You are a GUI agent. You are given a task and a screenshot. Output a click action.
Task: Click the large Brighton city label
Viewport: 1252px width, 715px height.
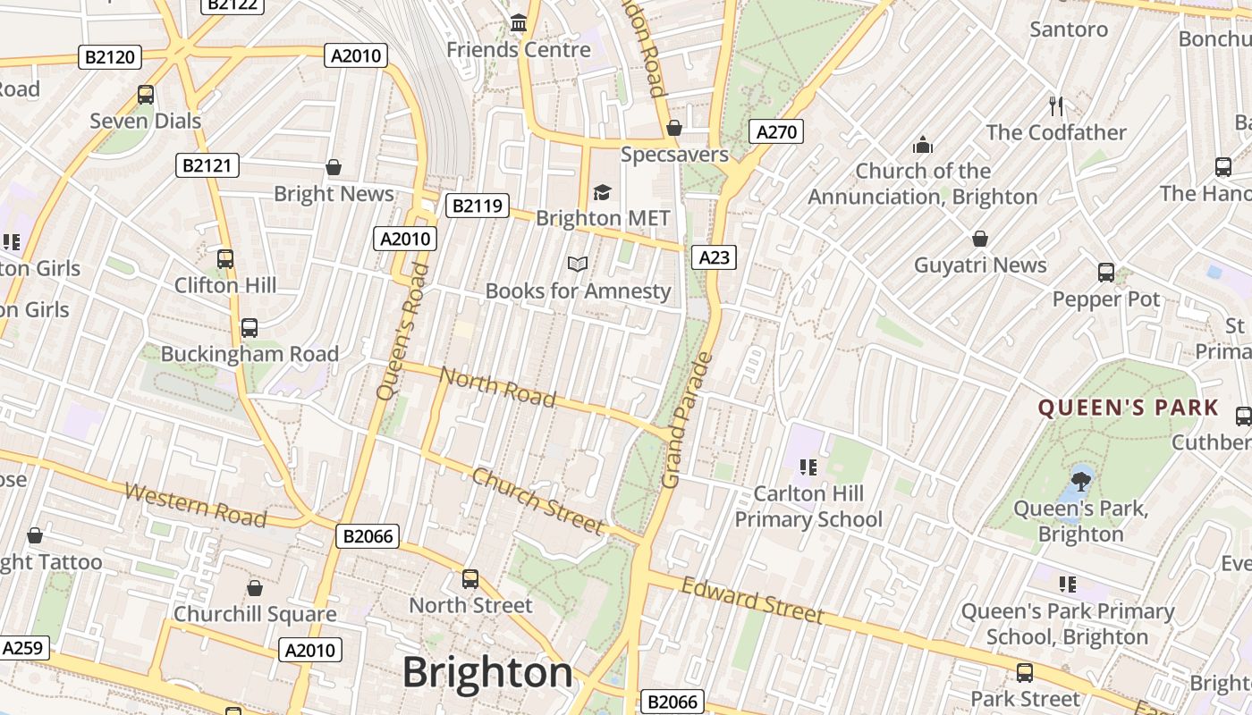point(487,672)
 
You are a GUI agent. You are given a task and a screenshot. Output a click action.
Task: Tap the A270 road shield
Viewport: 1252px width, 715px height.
point(775,132)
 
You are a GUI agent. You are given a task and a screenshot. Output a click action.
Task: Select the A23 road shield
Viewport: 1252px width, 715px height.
point(714,257)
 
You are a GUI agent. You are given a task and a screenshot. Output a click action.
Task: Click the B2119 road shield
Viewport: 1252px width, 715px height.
point(477,206)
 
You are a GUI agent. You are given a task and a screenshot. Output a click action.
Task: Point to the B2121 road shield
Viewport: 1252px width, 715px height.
point(207,164)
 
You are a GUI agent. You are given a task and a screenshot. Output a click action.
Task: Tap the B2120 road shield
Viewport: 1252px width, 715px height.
point(110,57)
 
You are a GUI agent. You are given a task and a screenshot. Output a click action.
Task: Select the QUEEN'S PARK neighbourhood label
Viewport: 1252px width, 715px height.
point(1128,408)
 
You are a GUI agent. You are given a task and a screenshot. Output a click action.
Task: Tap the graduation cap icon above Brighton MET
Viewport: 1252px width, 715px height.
point(602,192)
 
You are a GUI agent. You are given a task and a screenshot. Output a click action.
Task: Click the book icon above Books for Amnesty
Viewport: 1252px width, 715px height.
point(578,264)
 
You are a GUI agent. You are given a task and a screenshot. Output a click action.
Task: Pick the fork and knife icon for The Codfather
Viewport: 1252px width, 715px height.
point(1056,106)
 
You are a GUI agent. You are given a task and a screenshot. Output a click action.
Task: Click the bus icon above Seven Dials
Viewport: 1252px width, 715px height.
point(145,94)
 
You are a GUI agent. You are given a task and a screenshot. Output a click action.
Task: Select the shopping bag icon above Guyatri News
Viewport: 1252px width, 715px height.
point(980,239)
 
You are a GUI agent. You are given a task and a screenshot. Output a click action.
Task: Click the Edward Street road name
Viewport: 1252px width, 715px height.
point(752,601)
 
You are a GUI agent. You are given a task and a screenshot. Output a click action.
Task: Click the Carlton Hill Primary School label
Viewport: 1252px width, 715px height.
point(808,506)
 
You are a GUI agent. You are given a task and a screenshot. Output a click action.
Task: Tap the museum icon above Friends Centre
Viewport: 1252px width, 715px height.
point(519,22)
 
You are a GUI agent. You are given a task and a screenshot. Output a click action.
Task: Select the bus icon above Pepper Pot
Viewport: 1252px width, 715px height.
point(1106,273)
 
